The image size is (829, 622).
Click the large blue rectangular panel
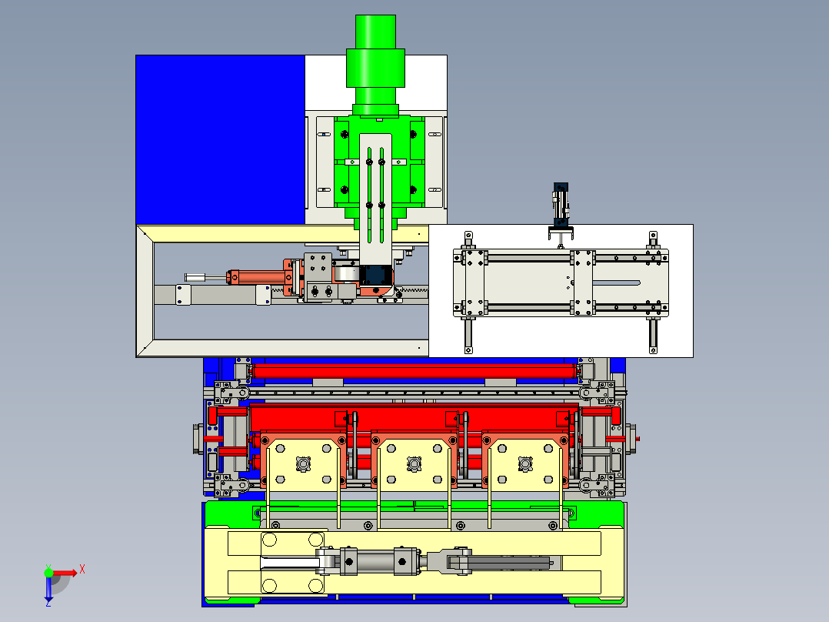click(220, 140)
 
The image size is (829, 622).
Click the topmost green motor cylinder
click(375, 32)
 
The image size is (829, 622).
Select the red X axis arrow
click(65, 573)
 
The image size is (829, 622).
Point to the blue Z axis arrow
click(48, 589)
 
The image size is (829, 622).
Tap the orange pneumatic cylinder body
click(259, 277)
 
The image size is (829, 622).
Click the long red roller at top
click(414, 370)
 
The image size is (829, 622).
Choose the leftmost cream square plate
click(304, 464)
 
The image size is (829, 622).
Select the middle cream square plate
click(414, 464)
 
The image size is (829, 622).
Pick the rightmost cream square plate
click(525, 464)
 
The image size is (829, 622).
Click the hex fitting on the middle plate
click(414, 464)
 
